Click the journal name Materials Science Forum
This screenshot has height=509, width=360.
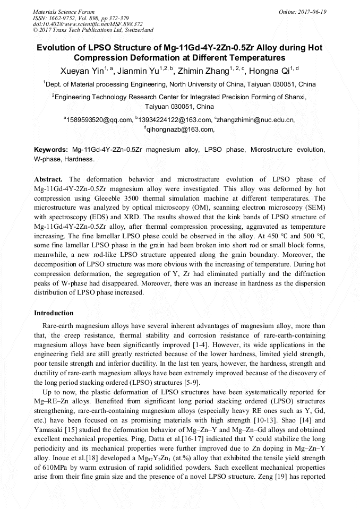[64, 12]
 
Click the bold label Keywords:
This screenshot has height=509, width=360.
[51, 150]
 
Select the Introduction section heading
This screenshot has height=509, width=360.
[54, 313]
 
